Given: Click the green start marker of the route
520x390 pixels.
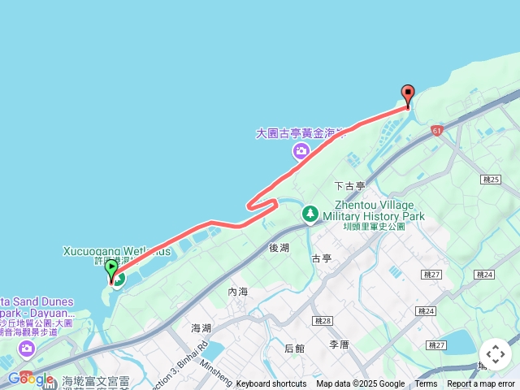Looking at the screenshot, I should click(x=111, y=267).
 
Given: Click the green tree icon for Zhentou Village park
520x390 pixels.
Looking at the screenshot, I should click(x=310, y=214).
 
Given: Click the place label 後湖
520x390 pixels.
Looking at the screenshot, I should click(x=279, y=247).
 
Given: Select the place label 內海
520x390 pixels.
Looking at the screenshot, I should click(x=238, y=291).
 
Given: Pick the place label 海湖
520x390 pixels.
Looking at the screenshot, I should click(x=201, y=327).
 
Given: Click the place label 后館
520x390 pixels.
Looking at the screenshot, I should click(x=295, y=349).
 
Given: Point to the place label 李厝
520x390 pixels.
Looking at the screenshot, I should click(x=339, y=344).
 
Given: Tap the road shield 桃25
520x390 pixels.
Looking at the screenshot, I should click(x=490, y=179).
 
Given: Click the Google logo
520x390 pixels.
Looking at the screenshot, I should click(x=30, y=379).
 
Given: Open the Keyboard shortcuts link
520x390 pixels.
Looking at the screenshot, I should click(x=271, y=384).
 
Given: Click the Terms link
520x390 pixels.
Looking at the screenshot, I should click(x=426, y=384).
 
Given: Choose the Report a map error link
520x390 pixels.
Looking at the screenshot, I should click(x=481, y=384).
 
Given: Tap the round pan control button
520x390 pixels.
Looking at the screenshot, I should click(x=496, y=354).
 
